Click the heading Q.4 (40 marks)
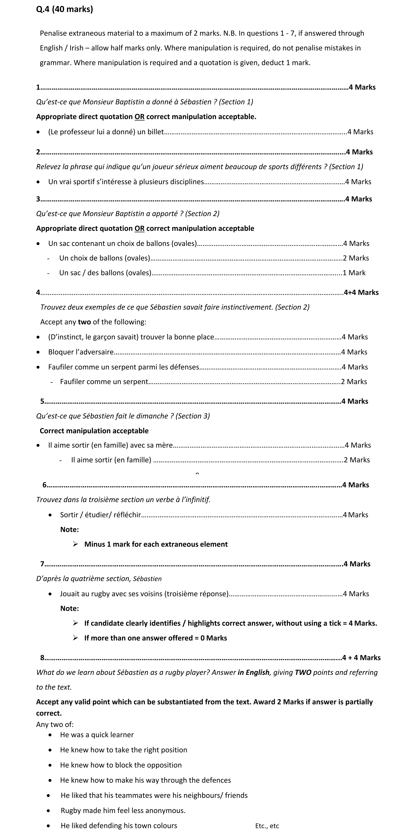64,9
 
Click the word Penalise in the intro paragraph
53,33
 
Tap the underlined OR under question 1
139,117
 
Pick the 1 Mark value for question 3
354,273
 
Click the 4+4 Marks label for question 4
361,292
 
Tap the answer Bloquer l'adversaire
81,352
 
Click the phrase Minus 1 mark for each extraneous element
156,544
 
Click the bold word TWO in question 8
303,673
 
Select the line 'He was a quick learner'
97,735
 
